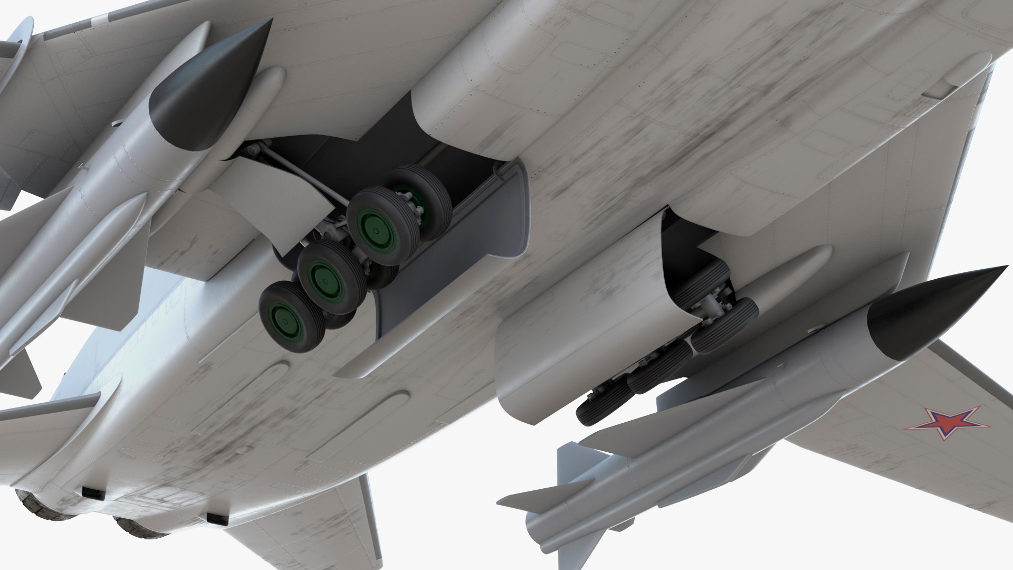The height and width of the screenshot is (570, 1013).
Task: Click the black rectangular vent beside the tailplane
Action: point(217,519)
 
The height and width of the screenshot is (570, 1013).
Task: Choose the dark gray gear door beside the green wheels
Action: point(454,274)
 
